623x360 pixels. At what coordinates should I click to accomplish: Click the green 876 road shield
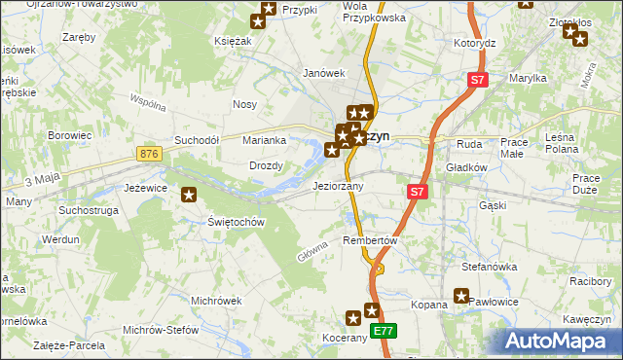click(149, 155)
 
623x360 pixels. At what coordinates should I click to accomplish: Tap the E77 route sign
click(384, 331)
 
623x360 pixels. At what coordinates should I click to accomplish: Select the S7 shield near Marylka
click(476, 82)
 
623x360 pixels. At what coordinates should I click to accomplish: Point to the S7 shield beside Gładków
click(417, 193)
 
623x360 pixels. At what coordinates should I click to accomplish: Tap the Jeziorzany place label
click(338, 185)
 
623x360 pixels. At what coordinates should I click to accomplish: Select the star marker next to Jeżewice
click(189, 195)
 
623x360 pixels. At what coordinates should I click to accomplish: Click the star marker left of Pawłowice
click(461, 297)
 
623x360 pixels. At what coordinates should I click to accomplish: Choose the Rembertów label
click(372, 240)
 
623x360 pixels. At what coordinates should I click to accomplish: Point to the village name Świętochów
click(237, 222)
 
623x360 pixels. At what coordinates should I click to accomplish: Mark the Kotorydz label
click(475, 44)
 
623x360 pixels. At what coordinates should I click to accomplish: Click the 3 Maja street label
click(42, 180)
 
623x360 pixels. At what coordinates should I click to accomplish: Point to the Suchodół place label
click(196, 140)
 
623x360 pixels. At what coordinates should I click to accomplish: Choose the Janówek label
click(324, 73)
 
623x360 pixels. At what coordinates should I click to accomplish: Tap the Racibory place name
click(590, 281)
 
